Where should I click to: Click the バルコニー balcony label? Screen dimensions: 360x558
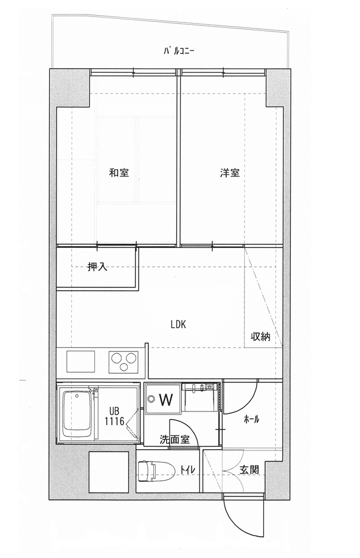tap(179, 52)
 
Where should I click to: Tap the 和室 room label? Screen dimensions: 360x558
tap(119, 173)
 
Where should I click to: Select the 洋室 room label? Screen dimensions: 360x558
tap(230, 173)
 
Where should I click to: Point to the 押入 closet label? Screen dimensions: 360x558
tap(97, 267)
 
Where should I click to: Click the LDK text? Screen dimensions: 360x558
tap(178, 324)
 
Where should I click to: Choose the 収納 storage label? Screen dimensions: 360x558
tap(261, 336)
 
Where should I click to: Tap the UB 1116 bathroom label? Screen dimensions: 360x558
tap(114, 416)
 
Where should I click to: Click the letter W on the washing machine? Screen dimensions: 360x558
tap(166, 399)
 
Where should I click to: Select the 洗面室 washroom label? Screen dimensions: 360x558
tap(175, 439)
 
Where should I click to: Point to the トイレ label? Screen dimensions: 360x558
tap(187, 469)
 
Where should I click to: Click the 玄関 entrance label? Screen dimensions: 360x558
tap(249, 469)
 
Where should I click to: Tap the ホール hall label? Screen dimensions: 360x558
tap(251, 419)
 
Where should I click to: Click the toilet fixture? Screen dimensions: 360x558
tap(156, 470)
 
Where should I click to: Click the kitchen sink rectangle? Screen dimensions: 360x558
tap(80, 362)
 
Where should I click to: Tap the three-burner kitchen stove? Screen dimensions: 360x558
tap(123, 362)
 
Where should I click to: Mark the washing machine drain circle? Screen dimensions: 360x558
tap(152, 399)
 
